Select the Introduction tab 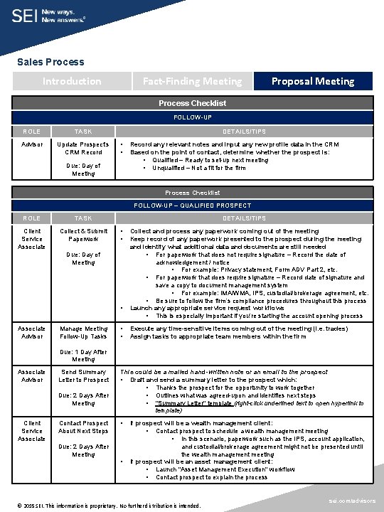72,81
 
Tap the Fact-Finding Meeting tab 192,81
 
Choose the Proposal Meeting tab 312,81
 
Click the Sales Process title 50,62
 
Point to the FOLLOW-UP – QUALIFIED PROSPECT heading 193,206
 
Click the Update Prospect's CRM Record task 83,148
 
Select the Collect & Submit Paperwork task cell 83,235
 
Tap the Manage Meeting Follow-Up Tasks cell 83,332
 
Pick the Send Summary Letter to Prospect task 83,375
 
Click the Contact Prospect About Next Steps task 83,427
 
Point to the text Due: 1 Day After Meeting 83,356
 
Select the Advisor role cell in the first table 32,144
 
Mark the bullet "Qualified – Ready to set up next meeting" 210,160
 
